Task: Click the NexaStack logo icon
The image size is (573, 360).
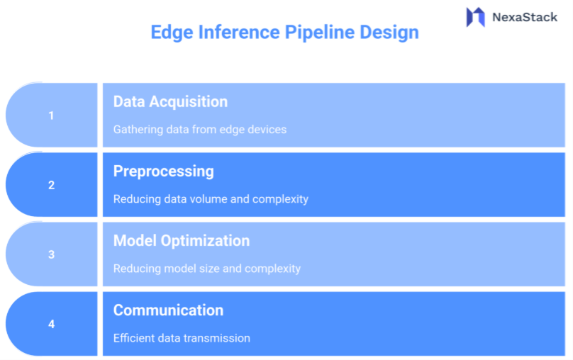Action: tap(475, 17)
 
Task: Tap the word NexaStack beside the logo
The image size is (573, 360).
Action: tap(525, 17)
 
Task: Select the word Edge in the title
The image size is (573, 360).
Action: tap(171, 32)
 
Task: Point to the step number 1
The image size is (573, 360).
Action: tap(51, 116)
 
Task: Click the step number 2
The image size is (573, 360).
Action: tap(51, 185)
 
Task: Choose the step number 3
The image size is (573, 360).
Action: tap(51, 254)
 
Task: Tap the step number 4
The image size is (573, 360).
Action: tap(51, 324)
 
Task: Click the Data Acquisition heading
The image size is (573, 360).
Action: tap(170, 101)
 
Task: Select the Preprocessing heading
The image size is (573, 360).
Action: tap(163, 171)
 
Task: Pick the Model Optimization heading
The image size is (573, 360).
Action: tap(182, 240)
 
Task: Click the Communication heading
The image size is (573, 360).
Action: tap(168, 310)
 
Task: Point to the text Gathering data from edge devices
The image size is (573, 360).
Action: tap(199, 130)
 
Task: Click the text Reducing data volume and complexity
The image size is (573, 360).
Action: tap(211, 199)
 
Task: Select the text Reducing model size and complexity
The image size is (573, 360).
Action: tap(207, 269)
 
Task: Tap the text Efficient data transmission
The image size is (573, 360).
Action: tap(182, 338)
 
